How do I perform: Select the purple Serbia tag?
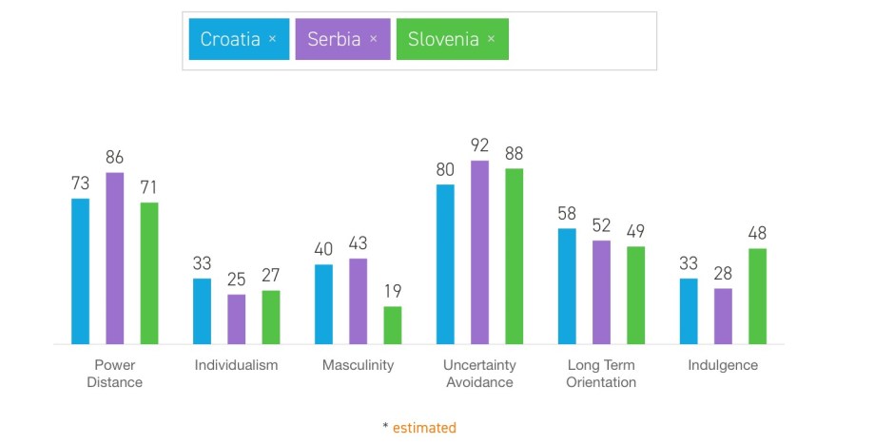(334, 39)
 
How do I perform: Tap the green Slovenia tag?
(442, 39)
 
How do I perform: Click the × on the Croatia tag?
(272, 39)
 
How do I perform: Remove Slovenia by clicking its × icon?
(491, 39)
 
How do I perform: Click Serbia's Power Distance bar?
(115, 259)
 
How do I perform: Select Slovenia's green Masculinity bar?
(393, 325)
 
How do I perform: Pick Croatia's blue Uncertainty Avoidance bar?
(445, 264)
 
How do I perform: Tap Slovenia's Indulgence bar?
(757, 296)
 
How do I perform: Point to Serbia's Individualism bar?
(236, 319)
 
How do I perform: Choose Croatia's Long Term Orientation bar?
(567, 286)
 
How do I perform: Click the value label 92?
(479, 146)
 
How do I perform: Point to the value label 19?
(393, 291)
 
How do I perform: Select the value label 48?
(757, 234)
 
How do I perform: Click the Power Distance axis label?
(115, 374)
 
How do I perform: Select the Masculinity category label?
(358, 365)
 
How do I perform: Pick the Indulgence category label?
(723, 365)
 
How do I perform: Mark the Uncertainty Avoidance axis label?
(479, 374)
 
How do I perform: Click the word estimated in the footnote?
(424, 428)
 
